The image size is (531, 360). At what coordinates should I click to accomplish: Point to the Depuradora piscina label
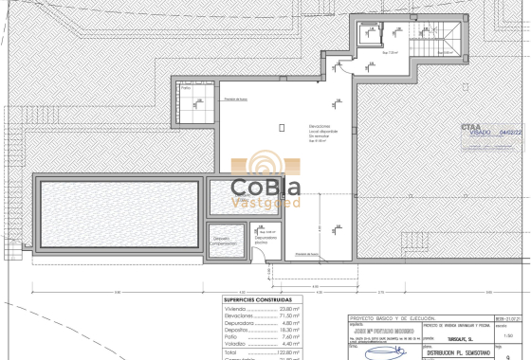tap(265, 239)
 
